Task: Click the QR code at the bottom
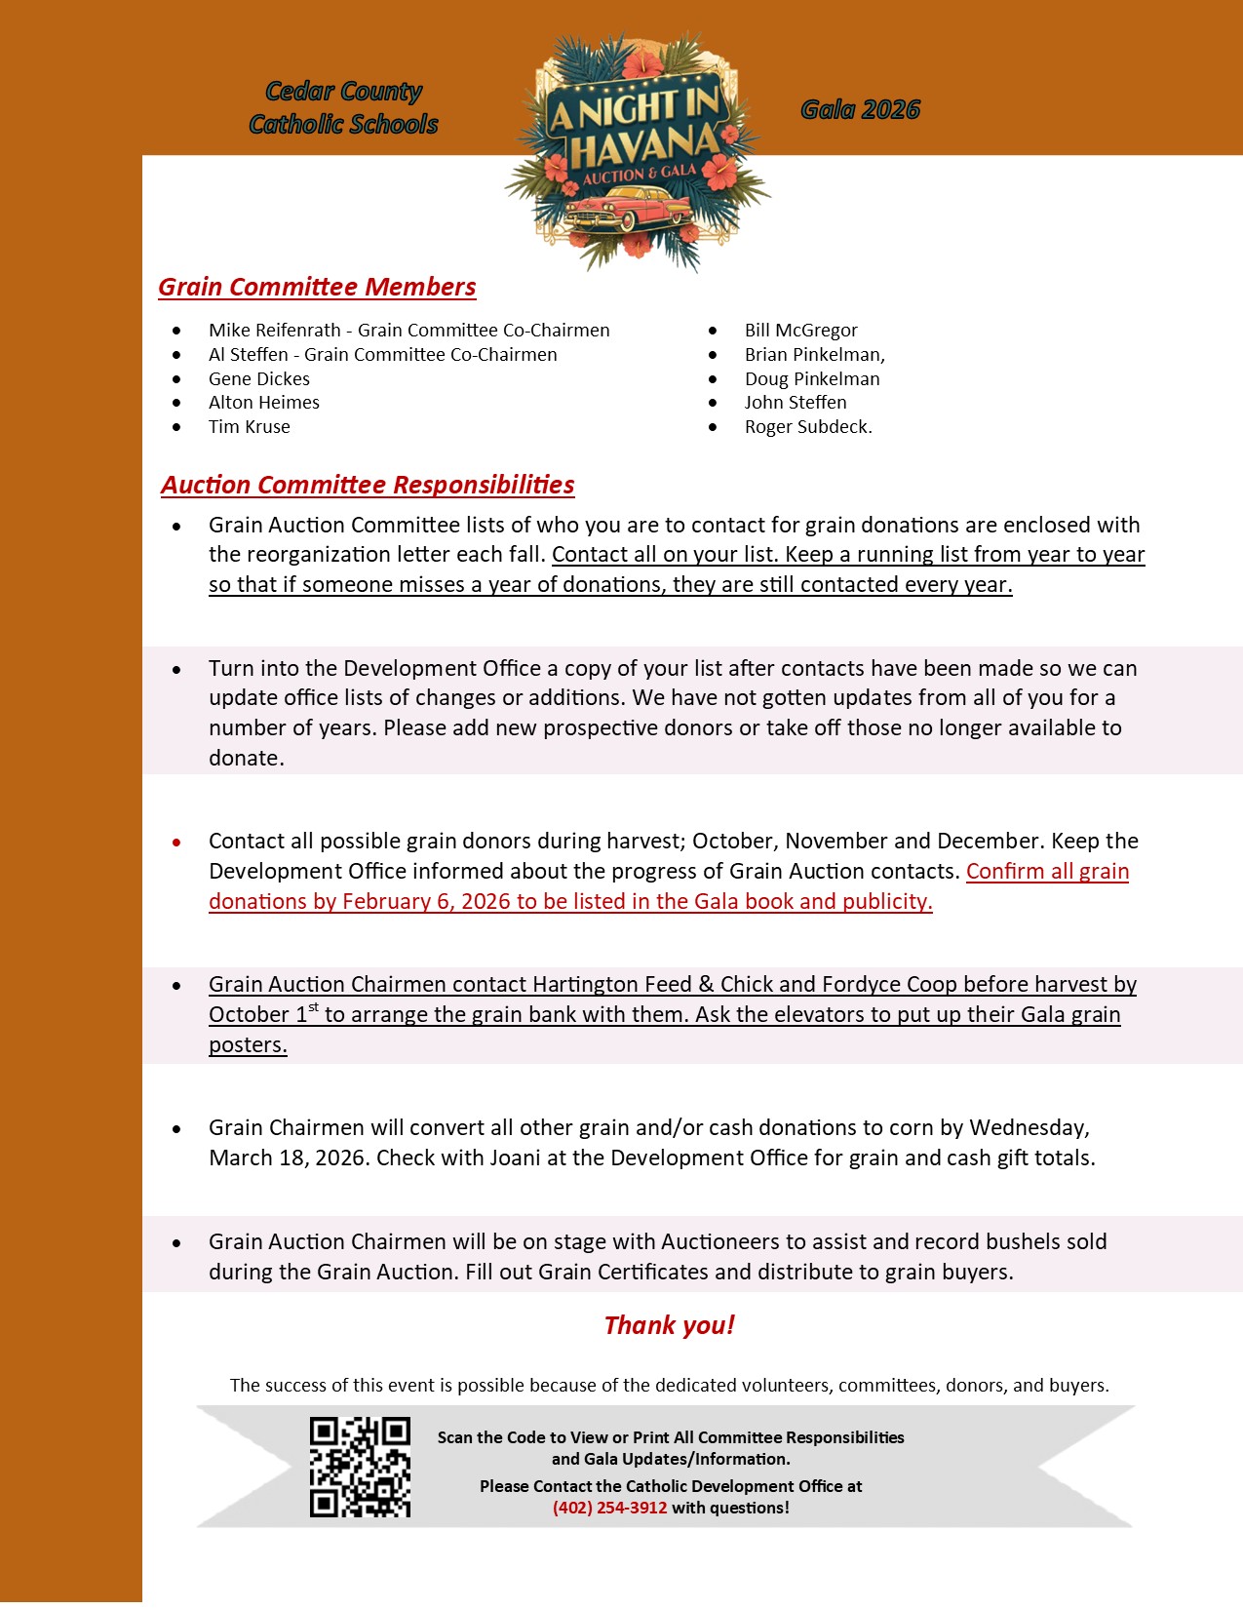360,1467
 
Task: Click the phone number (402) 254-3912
609,1508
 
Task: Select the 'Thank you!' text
669,1325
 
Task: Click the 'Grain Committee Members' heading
317,287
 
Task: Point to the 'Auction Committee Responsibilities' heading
368,485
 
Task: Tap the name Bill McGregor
800,331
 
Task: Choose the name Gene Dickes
258,378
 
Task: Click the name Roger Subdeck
807,426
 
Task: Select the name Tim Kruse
249,426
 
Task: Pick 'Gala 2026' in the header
860,109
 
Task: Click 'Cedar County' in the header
343,91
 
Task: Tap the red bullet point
176,842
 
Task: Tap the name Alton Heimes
263,403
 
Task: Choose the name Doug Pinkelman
811,378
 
